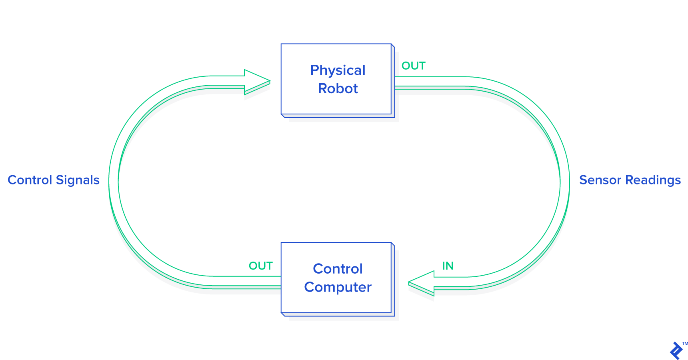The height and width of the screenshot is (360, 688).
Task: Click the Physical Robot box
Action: point(336,79)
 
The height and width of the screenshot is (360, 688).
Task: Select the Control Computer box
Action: point(336,278)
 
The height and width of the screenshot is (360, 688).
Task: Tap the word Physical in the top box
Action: point(338,70)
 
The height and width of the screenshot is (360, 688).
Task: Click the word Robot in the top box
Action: point(338,88)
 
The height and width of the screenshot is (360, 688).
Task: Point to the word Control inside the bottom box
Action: point(338,269)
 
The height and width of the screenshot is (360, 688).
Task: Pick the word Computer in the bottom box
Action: point(338,287)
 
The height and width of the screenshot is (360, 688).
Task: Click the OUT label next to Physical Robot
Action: point(413,66)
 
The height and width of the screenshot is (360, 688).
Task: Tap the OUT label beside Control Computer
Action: point(260,266)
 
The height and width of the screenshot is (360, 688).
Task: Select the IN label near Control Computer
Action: point(448,266)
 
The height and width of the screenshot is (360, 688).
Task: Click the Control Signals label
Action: point(54,180)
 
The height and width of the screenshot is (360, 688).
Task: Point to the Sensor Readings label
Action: point(630,180)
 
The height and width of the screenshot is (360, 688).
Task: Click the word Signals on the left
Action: point(78,180)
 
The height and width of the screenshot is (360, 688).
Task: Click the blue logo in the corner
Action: point(676,351)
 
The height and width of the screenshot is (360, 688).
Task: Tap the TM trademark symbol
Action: point(685,344)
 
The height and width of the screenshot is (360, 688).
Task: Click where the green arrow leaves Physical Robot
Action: point(398,82)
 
